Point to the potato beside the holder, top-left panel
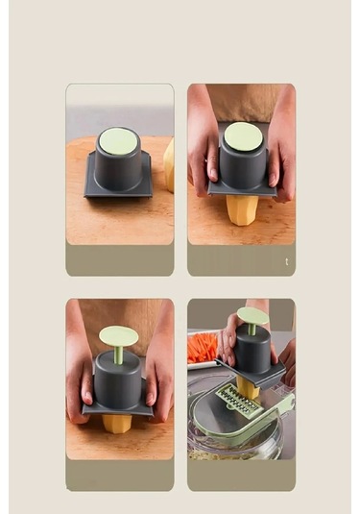[169, 165]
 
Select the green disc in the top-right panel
[243, 135]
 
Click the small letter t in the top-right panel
[286, 261]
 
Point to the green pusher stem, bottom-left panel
[118, 355]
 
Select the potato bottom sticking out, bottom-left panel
[118, 423]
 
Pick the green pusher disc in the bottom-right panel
[252, 315]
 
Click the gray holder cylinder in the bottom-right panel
[253, 354]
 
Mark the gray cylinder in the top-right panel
[242, 167]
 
